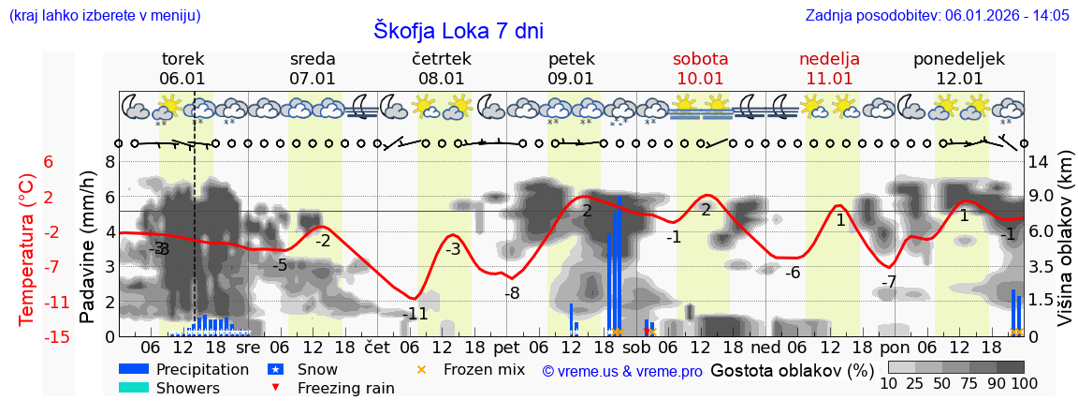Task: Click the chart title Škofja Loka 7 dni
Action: [458, 30]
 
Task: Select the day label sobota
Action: [700, 59]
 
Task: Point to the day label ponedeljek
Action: [958, 59]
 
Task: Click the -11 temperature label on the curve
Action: [415, 314]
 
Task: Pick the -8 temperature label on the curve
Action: [512, 293]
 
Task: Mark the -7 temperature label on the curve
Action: [889, 281]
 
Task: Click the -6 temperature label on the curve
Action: [793, 273]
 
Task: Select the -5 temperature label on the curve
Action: [280, 265]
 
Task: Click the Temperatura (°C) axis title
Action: [28, 248]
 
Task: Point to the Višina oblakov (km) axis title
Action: [1065, 248]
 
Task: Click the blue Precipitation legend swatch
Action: [134, 369]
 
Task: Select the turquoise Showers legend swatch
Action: [134, 388]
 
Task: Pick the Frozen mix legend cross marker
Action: [420, 369]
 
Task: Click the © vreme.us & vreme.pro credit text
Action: [622, 371]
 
